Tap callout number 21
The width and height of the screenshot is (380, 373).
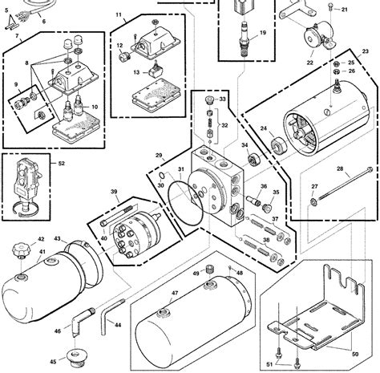(344, 10)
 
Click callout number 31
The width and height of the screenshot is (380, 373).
(182, 169)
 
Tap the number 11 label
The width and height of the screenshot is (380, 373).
(119, 15)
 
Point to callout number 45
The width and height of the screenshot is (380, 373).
(54, 360)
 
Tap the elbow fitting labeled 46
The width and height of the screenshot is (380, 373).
(75, 318)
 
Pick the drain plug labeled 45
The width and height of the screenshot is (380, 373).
(78, 354)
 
